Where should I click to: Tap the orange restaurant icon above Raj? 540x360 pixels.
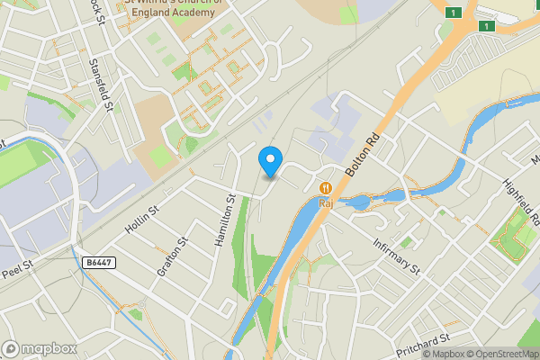[x=326, y=187]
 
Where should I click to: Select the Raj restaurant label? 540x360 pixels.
[x=326, y=203]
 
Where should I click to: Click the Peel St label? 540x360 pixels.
[x=18, y=267]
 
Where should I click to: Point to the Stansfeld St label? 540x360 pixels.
[x=103, y=85]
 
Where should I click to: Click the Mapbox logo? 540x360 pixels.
[x=40, y=348]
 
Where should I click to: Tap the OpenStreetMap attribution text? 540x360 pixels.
[x=502, y=354]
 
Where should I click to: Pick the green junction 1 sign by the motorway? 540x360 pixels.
[x=486, y=26]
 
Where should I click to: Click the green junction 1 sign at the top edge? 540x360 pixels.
[x=454, y=12]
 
